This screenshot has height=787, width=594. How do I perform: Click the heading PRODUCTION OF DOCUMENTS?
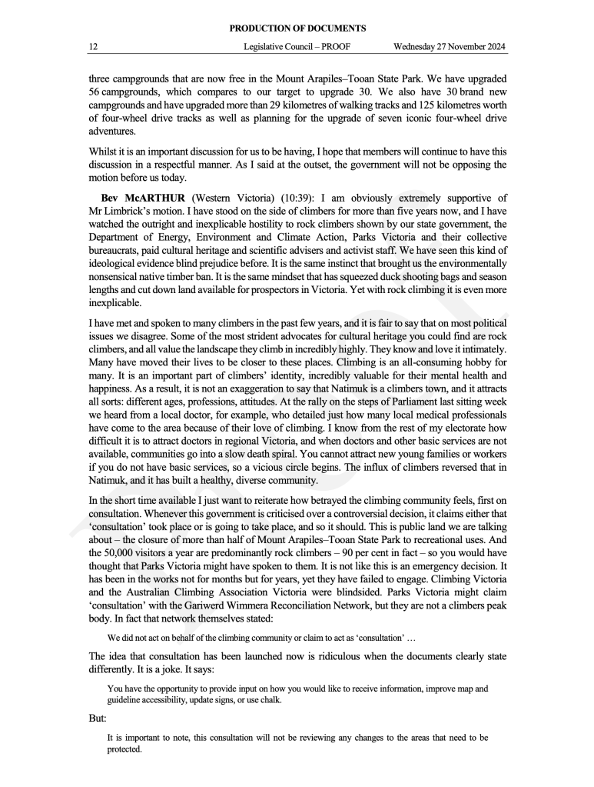coord(297,29)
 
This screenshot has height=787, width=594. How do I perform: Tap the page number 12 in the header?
coord(93,47)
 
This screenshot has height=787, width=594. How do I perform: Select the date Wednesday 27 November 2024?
coord(449,47)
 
